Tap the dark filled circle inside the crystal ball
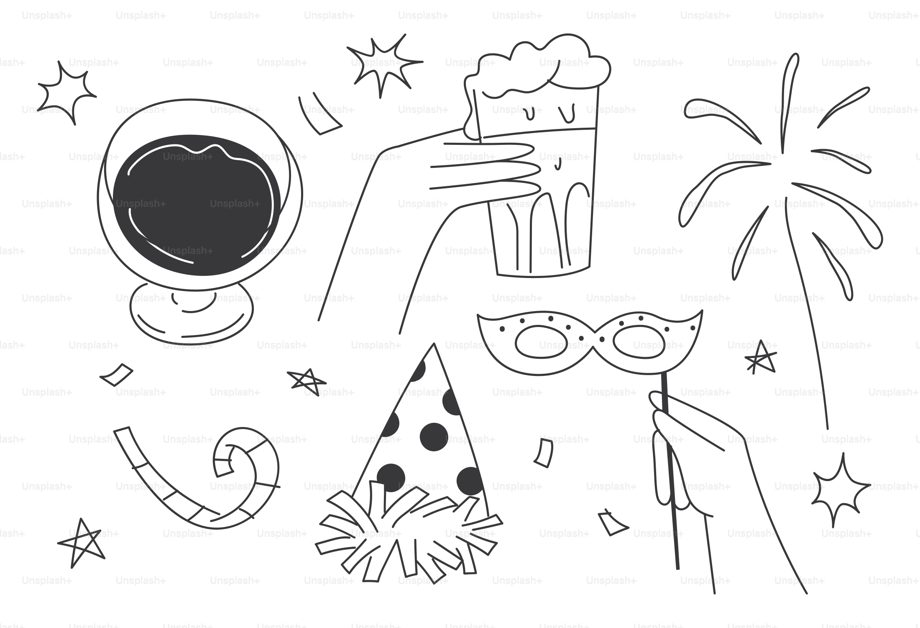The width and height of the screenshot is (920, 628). (x=197, y=205)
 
